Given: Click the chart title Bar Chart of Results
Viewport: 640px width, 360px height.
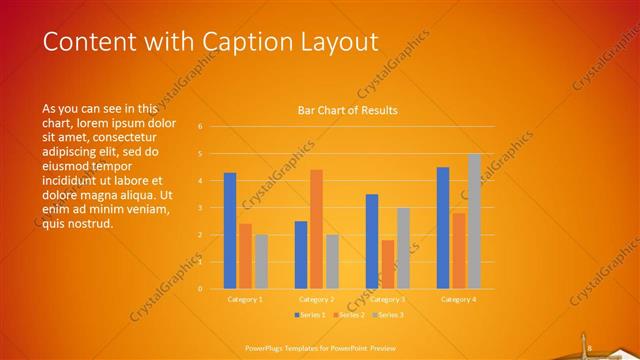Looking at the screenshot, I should click(x=348, y=110).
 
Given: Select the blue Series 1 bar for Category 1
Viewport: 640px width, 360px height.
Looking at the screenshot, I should click(x=230, y=230).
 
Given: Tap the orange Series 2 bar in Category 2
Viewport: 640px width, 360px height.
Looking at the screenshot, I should click(x=316, y=229).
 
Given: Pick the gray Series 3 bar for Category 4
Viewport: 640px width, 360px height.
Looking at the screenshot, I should click(x=474, y=221).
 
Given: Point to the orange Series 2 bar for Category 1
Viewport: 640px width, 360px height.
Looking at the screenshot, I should click(x=245, y=256).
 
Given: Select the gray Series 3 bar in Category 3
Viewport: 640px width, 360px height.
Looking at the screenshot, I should click(x=403, y=248).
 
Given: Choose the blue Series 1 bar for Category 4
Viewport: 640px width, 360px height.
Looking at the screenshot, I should click(x=443, y=227).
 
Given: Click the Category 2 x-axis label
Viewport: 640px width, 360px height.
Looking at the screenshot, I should click(x=316, y=299).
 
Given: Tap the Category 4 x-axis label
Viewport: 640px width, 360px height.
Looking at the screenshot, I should click(x=458, y=299).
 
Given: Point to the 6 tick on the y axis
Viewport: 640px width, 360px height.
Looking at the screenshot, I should click(x=200, y=127).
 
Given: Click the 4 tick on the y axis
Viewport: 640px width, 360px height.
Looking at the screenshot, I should click(x=200, y=181).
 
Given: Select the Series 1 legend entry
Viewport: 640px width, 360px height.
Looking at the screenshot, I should click(x=310, y=315).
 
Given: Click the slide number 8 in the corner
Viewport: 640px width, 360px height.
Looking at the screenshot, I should click(x=590, y=348).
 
